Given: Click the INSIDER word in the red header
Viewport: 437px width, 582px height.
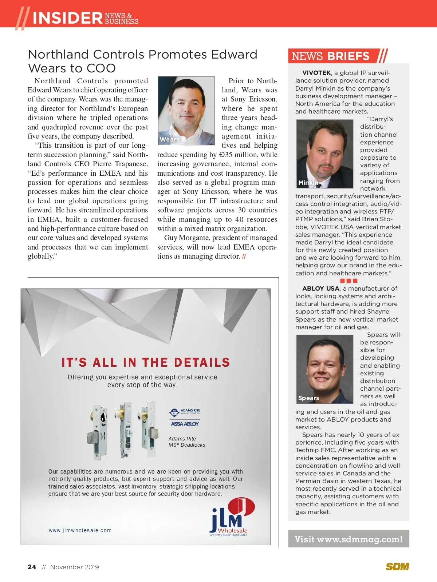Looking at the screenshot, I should [x=67, y=18].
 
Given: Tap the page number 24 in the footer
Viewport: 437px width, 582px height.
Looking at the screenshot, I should [x=32, y=567].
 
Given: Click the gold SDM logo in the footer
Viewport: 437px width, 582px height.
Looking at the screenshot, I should [x=397, y=566].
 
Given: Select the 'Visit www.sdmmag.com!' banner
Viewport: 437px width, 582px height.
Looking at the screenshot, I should [x=349, y=539].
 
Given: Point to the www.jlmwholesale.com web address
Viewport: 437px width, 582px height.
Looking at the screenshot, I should [x=80, y=530].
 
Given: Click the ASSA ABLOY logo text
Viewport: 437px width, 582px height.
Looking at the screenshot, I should [x=185, y=424].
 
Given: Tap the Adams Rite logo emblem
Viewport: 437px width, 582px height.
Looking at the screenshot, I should [x=174, y=412].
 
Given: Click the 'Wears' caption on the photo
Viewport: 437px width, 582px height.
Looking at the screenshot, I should [x=169, y=139].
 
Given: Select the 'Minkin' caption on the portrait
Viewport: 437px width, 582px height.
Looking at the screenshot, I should [x=308, y=183].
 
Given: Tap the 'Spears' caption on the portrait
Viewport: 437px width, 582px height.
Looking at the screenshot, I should [x=308, y=398].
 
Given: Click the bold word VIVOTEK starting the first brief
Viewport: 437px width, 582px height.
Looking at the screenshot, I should [x=316, y=73].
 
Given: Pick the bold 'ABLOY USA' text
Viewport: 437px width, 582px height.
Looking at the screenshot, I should [x=320, y=288].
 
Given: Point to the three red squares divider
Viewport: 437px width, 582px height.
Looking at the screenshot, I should [x=349, y=281].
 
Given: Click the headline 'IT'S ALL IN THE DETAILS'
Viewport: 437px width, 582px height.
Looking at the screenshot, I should [x=146, y=362].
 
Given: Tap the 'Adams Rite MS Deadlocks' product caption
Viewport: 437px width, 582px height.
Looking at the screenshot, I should [x=187, y=442].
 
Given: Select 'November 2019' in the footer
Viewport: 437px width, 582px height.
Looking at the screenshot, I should [x=74, y=567].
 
